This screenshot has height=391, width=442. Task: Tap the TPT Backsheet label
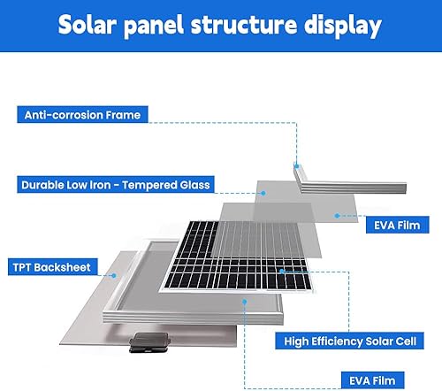click(51, 266)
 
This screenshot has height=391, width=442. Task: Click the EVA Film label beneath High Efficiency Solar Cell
click(371, 381)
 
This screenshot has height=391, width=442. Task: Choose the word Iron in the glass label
click(102, 186)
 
